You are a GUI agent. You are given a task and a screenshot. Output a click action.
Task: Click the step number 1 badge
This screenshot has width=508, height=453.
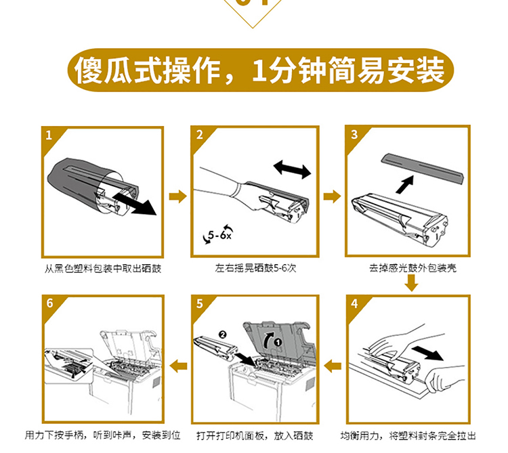pos(49,135)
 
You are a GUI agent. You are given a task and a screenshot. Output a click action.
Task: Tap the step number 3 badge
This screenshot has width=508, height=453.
pos(354,134)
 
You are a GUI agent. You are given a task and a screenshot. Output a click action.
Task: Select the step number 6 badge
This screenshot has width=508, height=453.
pos(49,303)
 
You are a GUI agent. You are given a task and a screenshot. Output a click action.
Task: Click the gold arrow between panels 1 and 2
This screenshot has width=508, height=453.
pos(178,196)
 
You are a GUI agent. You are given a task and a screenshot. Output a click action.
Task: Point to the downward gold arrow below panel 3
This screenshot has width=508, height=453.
pos(412,283)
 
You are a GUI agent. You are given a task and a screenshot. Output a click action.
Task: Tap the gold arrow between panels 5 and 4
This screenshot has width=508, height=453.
pos(333,366)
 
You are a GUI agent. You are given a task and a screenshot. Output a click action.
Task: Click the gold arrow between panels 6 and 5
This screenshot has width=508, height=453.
pos(179,366)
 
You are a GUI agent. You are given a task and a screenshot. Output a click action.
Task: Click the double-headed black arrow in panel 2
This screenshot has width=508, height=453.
pos(292,169)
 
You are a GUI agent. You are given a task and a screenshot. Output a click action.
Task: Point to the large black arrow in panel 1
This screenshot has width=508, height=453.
pos(135,203)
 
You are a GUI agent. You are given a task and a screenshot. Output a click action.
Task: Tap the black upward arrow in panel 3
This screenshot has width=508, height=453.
pos(405,185)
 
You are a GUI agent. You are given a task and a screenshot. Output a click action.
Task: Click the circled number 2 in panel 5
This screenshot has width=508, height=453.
pos(222,335)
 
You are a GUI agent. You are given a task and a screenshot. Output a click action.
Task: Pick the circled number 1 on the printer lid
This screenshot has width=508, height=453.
pos(278,342)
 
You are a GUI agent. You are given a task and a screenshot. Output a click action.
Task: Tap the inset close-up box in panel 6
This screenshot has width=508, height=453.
pos(68,366)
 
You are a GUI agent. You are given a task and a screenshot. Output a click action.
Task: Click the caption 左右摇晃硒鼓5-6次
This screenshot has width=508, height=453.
pos(255,268)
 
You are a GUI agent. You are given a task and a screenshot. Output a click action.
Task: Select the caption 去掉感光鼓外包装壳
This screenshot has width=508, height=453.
pos(412,268)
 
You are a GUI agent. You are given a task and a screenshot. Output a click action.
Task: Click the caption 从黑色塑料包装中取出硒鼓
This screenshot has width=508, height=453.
pos(103,269)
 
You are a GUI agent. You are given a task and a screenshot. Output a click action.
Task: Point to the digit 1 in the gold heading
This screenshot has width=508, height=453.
pos(259,70)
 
